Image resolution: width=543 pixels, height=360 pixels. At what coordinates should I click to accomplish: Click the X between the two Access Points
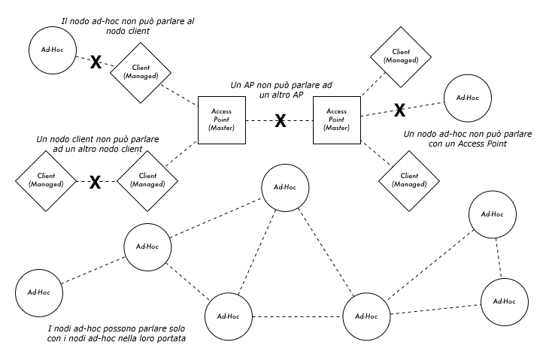(280, 120)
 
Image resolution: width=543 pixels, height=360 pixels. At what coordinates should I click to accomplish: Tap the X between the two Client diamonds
(96, 182)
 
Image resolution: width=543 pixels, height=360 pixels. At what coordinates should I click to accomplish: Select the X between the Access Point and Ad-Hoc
(400, 110)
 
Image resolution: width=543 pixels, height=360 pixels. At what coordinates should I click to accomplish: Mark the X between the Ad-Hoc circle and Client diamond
(96, 62)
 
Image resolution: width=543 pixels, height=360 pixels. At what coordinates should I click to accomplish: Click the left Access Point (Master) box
(223, 120)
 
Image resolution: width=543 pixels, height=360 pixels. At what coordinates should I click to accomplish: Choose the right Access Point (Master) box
(336, 120)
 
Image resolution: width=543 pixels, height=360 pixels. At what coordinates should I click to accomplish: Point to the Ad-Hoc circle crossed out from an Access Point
(467, 98)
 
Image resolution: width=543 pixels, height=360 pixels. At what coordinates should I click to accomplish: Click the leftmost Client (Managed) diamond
(47, 180)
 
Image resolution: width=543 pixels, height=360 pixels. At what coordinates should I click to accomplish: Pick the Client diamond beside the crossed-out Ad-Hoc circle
(141, 71)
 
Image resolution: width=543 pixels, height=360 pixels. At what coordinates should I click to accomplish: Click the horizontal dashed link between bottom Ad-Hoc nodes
(297, 316)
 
